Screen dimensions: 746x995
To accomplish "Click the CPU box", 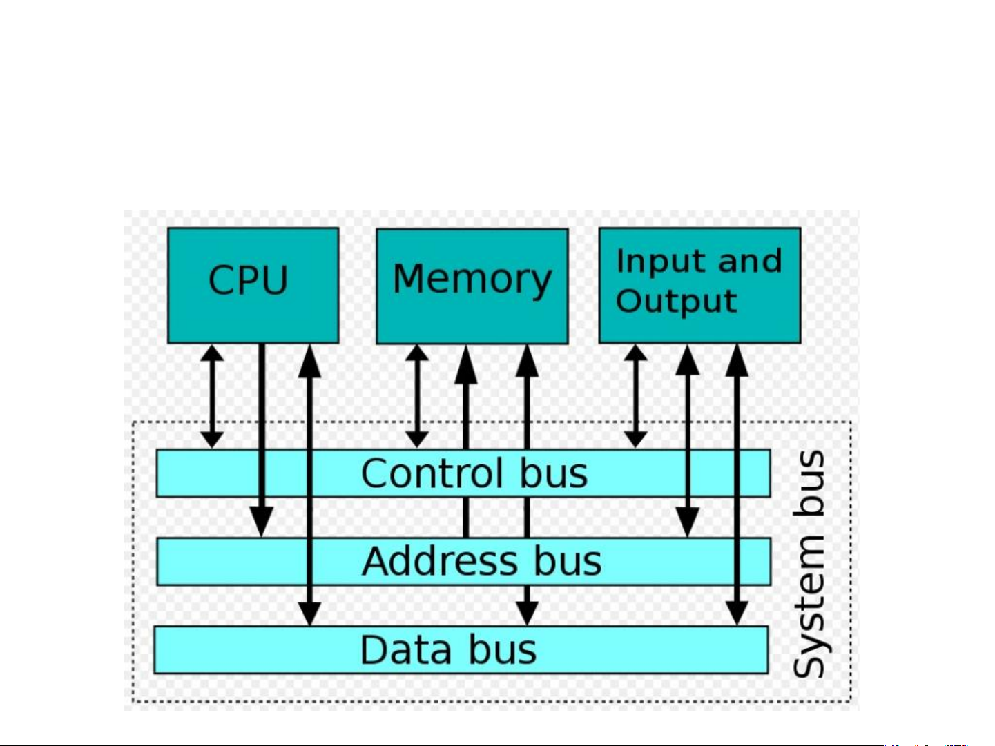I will (253, 285).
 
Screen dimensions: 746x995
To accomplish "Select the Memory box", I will (472, 285).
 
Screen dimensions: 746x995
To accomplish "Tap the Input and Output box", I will (699, 284).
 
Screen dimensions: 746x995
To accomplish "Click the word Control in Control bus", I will (432, 473).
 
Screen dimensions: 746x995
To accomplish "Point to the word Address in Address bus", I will (440, 561).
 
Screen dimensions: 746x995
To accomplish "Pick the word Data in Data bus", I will (406, 650).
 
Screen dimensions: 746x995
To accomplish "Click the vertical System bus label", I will (809, 563).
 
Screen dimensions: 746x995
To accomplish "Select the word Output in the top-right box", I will (676, 302).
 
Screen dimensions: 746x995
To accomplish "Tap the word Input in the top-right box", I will (659, 261).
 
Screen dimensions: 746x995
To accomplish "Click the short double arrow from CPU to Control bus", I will (212, 397).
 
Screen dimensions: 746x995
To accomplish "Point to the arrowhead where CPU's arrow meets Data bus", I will (309, 613).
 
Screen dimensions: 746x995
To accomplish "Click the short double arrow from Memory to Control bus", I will (416, 397).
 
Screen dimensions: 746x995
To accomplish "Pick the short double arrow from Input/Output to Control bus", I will (635, 397).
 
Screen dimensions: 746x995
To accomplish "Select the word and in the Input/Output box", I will (750, 261).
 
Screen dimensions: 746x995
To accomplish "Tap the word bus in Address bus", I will (568, 561).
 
